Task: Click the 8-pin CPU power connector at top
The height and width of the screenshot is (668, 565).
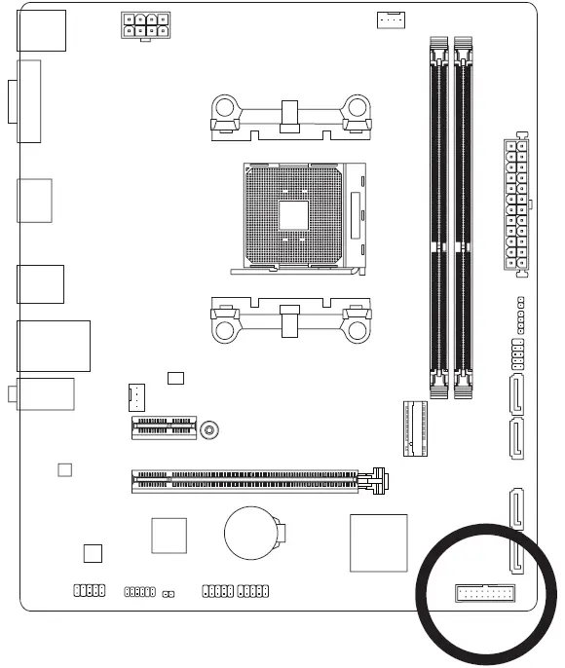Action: coord(143,26)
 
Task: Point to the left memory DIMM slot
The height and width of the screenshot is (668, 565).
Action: coord(439,219)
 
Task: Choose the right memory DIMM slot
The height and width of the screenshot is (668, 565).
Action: coord(464,219)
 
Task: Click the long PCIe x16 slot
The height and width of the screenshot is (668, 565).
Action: coord(253,479)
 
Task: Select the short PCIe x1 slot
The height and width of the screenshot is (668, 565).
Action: coord(164,427)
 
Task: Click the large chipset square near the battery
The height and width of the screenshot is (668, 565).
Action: coord(378,541)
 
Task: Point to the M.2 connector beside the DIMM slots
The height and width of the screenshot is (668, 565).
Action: coord(413,428)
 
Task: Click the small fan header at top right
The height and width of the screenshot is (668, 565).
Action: coord(390,19)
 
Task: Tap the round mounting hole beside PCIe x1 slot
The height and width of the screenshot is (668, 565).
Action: coord(209,427)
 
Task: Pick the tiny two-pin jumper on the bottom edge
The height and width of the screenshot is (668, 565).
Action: coord(169,592)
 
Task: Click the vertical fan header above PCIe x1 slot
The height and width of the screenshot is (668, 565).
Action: coord(136,396)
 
